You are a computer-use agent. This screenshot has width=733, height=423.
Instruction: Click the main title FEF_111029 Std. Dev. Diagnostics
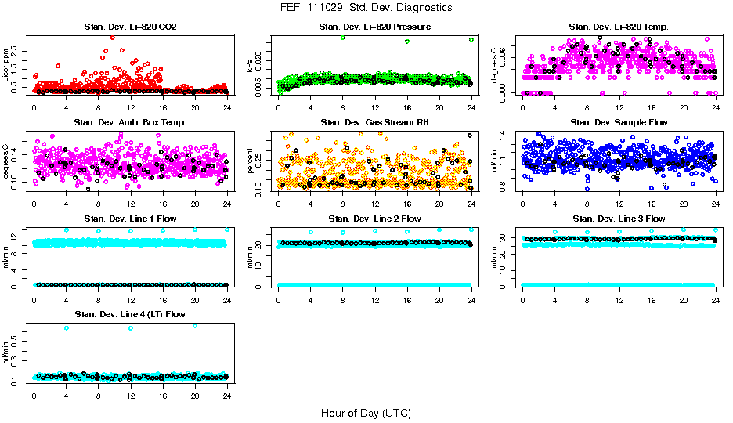[366, 8]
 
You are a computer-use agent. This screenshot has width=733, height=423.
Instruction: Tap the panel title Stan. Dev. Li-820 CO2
[129, 27]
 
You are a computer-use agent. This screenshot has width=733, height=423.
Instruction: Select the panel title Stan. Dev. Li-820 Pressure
[374, 27]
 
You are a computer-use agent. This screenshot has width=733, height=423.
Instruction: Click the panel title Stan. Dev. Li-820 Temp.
[619, 27]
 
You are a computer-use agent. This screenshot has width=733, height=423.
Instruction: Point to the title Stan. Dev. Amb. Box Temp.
[129, 123]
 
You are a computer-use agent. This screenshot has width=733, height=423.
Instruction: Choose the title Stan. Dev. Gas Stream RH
[374, 123]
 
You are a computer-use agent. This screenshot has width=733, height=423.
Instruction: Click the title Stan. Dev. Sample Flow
[619, 123]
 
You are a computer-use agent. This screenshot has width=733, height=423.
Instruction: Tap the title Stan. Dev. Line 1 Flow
[129, 219]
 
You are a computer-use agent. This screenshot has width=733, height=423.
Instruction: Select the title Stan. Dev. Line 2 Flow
[374, 219]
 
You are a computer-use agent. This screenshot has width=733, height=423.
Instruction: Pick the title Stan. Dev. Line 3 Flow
[619, 219]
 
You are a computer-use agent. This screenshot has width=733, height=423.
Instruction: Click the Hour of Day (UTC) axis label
[366, 413]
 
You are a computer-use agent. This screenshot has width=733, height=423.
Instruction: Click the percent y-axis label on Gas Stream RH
[251, 161]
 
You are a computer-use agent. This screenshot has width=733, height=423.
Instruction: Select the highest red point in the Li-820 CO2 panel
[113, 37]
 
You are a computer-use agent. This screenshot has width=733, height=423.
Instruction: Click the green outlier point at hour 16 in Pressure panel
[407, 42]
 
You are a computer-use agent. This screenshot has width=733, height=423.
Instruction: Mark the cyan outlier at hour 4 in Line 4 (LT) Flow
[66, 327]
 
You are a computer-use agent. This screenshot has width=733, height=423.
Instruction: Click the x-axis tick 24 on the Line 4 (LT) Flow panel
[226, 396]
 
